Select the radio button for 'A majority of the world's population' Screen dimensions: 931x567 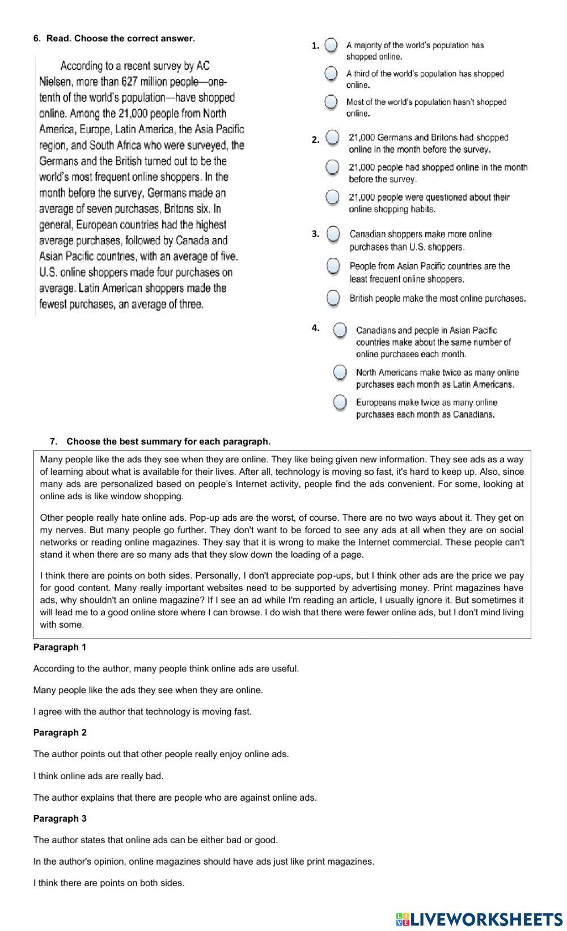[x=332, y=45]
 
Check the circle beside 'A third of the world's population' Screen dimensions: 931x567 [x=332, y=74]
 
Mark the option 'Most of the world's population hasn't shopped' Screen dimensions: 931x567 [x=332, y=102]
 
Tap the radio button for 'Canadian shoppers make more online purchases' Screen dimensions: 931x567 [x=333, y=234]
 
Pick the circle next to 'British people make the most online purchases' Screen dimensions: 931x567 [x=333, y=298]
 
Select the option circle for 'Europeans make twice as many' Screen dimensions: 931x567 [x=340, y=402]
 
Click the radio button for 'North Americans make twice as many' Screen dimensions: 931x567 [x=340, y=372]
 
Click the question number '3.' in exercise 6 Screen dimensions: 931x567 [x=315, y=233]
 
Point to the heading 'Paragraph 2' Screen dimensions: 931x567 [x=60, y=733]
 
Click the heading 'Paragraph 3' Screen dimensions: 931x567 [x=60, y=818]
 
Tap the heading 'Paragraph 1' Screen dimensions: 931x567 [x=60, y=647]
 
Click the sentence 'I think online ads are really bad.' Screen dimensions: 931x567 [x=98, y=776]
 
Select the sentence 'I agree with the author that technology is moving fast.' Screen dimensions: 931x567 [x=142, y=712]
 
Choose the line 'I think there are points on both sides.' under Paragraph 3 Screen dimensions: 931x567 [x=109, y=883]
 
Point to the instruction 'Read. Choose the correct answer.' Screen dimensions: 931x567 [x=120, y=39]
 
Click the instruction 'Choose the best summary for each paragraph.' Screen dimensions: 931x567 [x=168, y=441]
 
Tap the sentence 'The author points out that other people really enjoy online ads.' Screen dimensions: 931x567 [x=161, y=754]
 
